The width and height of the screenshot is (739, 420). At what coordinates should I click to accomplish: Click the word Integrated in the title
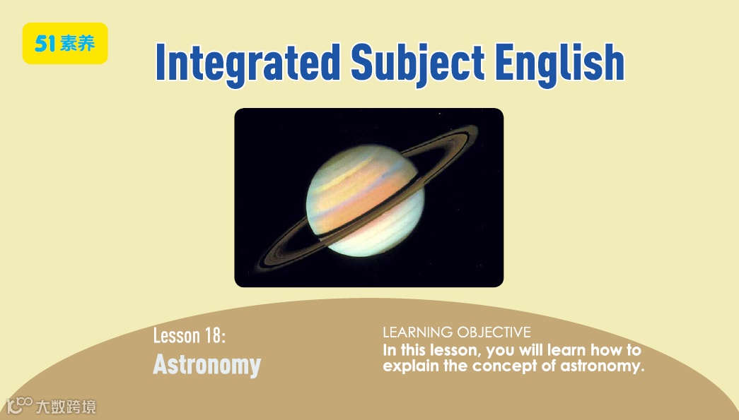248,64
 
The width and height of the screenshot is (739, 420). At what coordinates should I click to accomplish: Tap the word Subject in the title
417,64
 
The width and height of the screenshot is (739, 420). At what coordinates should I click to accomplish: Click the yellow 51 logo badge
65,43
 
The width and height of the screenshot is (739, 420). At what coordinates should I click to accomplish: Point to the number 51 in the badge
46,44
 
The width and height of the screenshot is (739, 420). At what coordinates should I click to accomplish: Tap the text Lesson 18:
190,335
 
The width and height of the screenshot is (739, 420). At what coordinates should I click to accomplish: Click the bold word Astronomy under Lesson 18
207,364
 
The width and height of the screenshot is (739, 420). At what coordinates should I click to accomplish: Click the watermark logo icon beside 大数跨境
19,405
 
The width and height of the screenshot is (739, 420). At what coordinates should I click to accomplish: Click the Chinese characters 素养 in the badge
77,44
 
